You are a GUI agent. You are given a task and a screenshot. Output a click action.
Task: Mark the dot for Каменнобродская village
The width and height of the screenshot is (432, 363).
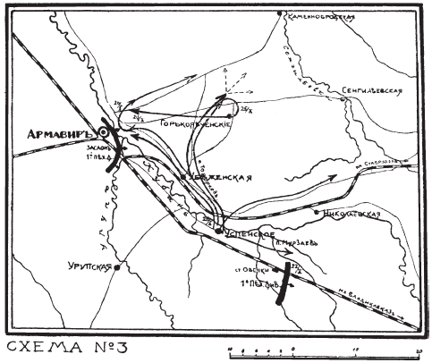coord(281,13)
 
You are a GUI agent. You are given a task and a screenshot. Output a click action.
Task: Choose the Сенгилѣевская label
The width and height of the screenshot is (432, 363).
coord(374,91)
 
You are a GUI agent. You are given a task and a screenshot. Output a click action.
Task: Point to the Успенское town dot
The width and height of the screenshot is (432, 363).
coord(217,231)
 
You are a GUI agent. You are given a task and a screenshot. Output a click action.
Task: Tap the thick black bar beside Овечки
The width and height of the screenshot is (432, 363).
coord(284,285)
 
